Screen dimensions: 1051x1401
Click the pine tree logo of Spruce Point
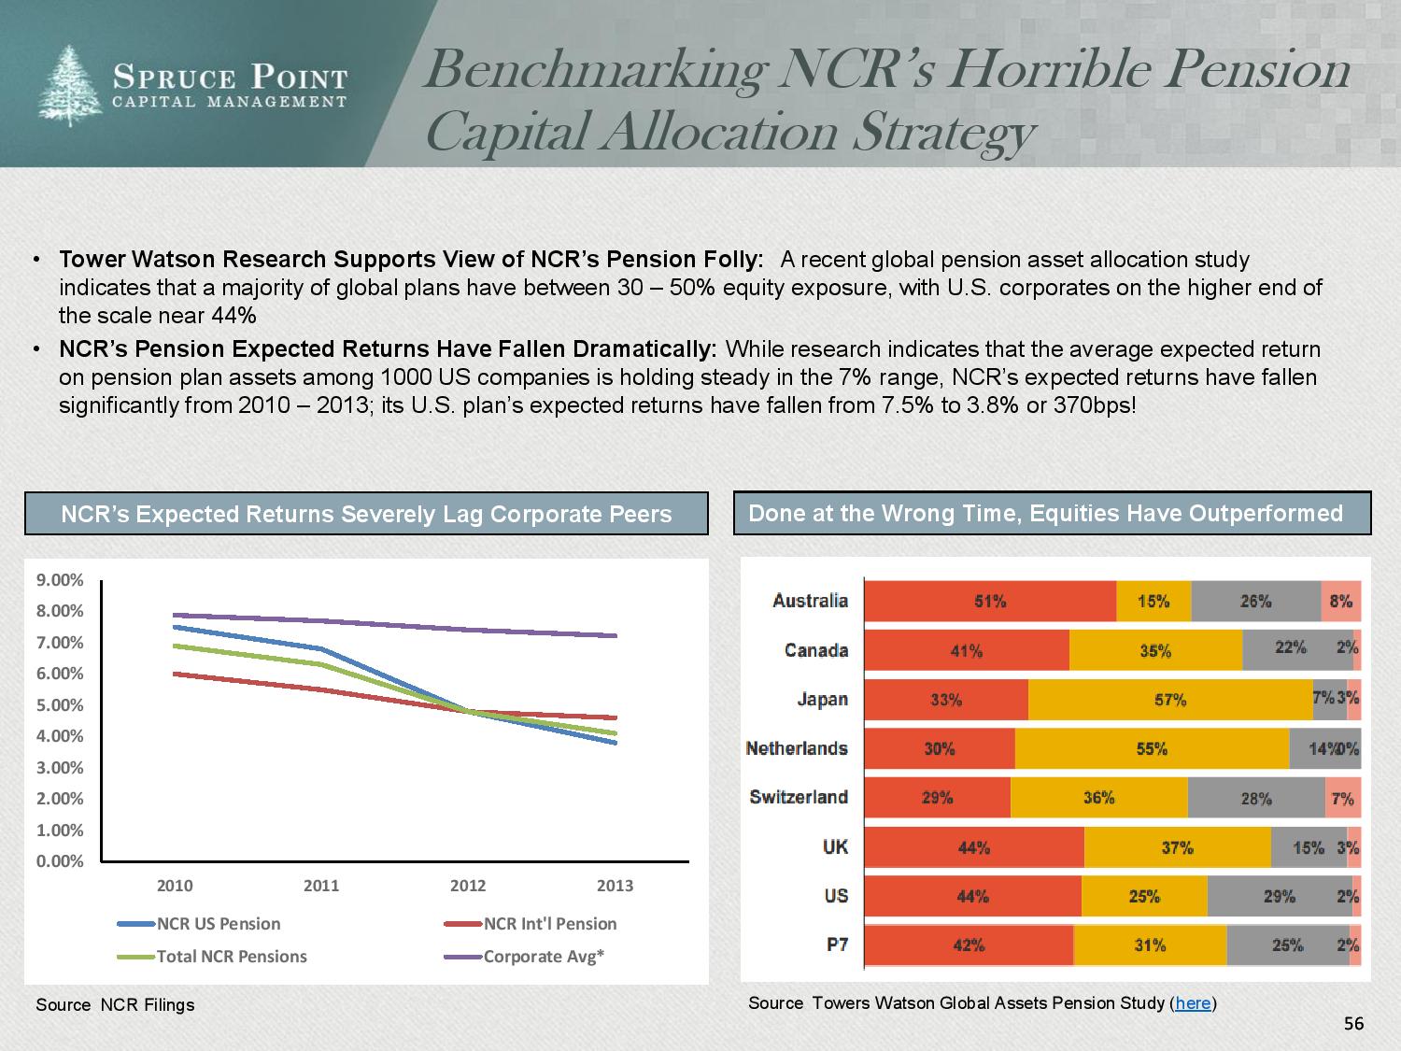click(x=71, y=85)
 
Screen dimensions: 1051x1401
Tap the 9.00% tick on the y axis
click(x=59, y=580)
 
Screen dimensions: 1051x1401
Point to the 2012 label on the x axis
click(x=468, y=886)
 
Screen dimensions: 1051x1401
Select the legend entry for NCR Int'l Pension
click(x=549, y=924)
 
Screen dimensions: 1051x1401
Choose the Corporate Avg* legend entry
click(x=543, y=957)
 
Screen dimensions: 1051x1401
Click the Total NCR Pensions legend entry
click(x=231, y=957)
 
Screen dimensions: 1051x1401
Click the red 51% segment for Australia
click(x=990, y=602)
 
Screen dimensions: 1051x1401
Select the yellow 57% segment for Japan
click(x=1169, y=700)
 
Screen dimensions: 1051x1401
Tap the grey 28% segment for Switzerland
click(x=1255, y=799)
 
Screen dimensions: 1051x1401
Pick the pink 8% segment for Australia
click(x=1340, y=602)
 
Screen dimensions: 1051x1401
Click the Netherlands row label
click(x=797, y=748)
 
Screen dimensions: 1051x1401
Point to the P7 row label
click(x=837, y=944)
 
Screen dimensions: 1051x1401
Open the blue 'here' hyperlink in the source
click(x=1193, y=1003)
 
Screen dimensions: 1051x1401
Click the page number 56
click(x=1353, y=1024)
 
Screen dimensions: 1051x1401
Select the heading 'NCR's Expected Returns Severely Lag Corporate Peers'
click(x=366, y=515)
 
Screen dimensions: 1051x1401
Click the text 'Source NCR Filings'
click(x=115, y=1005)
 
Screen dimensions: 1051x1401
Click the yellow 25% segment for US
click(x=1144, y=897)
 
